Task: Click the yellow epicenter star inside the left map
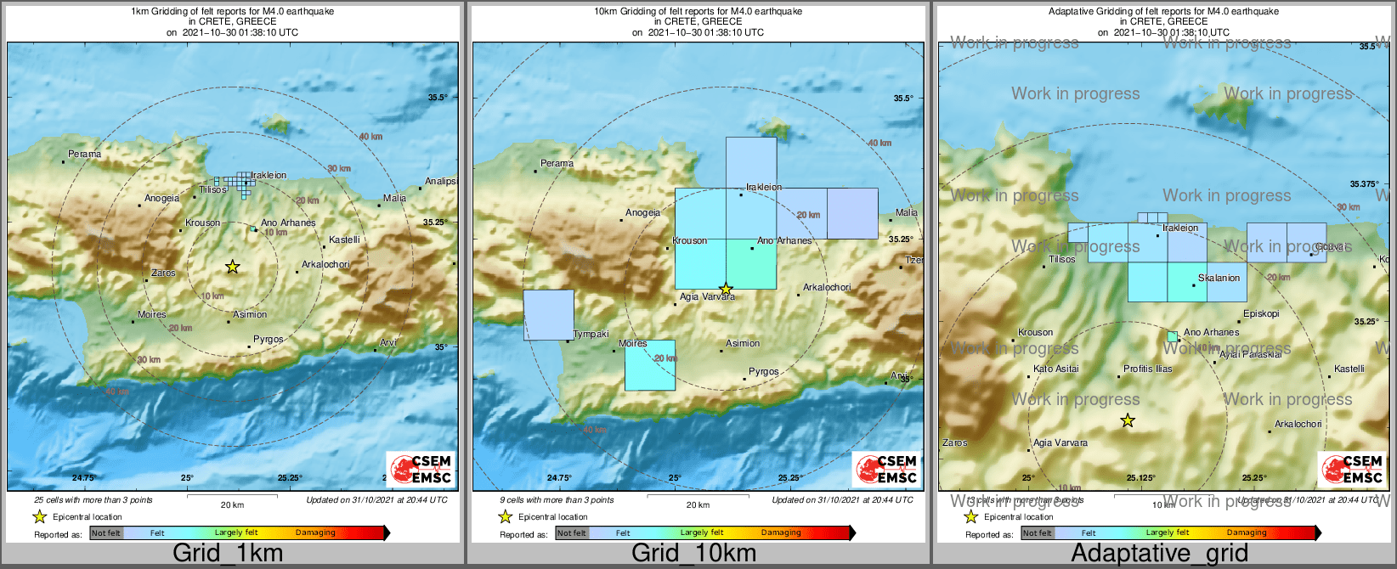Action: pos(232,267)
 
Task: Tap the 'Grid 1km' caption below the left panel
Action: pos(228,553)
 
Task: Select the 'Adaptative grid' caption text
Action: pos(1159,553)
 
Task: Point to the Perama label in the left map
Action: pos(85,154)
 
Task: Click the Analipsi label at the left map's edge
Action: pos(440,181)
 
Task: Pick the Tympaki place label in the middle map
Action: pos(591,334)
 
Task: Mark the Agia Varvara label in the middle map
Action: pos(707,296)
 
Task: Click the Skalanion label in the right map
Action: pos(1219,278)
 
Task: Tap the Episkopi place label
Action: pos(1261,313)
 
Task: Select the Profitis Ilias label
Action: pos(1147,369)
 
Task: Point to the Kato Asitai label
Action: pos(1056,369)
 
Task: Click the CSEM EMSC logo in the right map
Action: pos(1354,469)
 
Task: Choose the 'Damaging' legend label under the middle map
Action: pos(781,532)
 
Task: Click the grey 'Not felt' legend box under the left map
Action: pos(106,533)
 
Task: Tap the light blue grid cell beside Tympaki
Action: pos(548,315)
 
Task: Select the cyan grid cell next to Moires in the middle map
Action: pos(649,365)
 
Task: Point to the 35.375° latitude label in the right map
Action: pos(1364,183)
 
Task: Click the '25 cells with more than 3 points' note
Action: pos(93,500)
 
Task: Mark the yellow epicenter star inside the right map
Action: pos(1128,420)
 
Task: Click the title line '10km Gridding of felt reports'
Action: pos(698,12)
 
